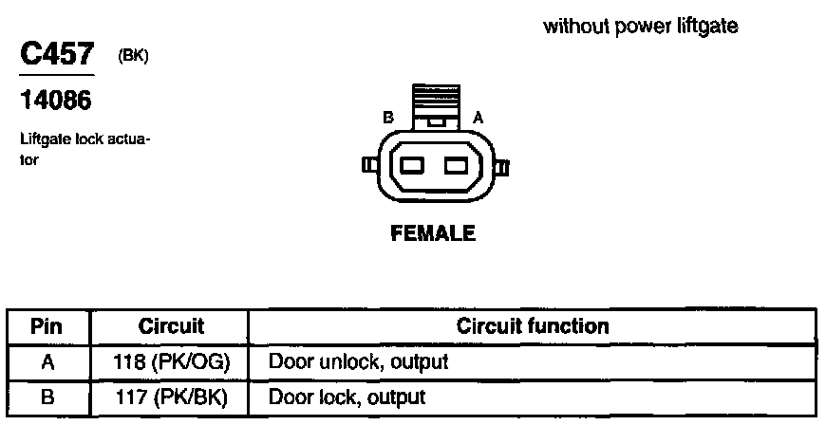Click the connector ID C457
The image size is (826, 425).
(x=57, y=55)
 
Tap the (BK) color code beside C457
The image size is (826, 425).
(x=133, y=57)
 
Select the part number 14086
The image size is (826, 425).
(x=56, y=99)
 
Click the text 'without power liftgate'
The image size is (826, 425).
(x=641, y=27)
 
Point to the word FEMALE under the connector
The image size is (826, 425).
(x=434, y=233)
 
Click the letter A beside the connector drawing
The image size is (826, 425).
(x=479, y=119)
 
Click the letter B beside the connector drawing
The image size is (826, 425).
(x=387, y=119)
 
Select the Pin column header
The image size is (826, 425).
(x=47, y=327)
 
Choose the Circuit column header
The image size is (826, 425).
(x=171, y=327)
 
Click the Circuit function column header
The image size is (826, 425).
(x=533, y=327)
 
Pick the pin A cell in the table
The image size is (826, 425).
(x=47, y=361)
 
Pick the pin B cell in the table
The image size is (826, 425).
(x=47, y=397)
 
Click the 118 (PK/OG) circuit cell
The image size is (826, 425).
(x=172, y=361)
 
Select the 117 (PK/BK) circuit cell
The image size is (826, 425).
(x=172, y=397)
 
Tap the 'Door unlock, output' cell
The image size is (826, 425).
(x=359, y=361)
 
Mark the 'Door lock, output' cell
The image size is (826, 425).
(x=347, y=397)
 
